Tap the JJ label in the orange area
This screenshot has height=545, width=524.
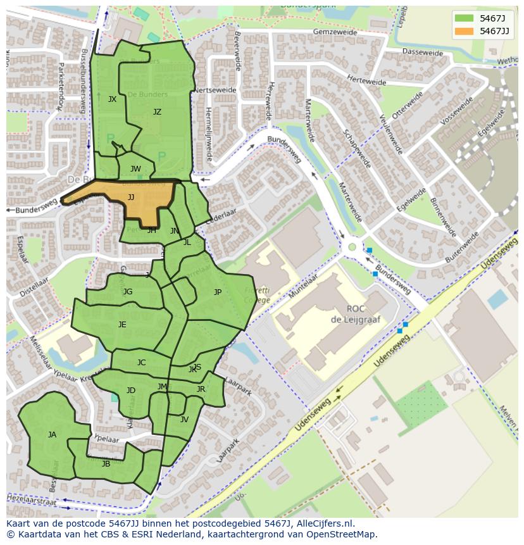tap(131, 197)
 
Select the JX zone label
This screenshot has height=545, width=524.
tap(112, 99)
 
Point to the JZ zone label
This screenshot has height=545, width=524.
tap(157, 112)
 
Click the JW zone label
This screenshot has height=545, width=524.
tap(135, 169)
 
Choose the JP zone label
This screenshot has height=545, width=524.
tap(218, 292)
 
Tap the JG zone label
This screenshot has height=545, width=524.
tap(128, 292)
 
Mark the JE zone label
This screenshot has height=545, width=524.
tap(122, 325)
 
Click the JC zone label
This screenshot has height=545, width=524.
tap(141, 363)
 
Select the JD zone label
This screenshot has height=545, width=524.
tap(130, 391)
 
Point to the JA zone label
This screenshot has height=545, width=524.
tap(52, 435)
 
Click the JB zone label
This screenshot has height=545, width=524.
tap(106, 464)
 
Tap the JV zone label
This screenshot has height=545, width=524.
tap(184, 420)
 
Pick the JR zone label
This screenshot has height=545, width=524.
tap(201, 389)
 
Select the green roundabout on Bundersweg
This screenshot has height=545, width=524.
tap(352, 247)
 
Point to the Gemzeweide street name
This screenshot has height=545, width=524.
tap(330, 31)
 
